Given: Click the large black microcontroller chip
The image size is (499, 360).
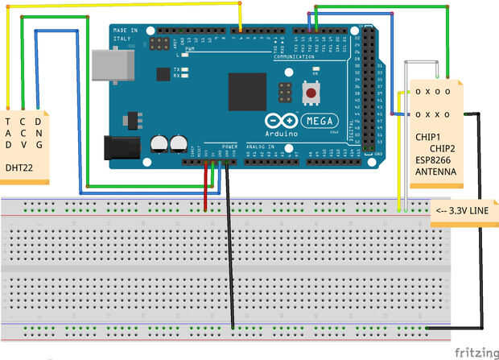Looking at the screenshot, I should click(x=247, y=92).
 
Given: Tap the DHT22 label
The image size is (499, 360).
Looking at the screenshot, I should click(x=18, y=168).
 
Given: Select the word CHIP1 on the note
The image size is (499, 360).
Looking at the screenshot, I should click(x=427, y=137).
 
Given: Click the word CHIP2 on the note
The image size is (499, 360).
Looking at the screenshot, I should click(x=442, y=148).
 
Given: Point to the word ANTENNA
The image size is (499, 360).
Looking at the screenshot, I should click(x=435, y=172).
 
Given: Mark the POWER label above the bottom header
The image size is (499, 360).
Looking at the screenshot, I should click(x=230, y=146).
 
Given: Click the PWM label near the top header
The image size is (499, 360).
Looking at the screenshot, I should click(x=190, y=50).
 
